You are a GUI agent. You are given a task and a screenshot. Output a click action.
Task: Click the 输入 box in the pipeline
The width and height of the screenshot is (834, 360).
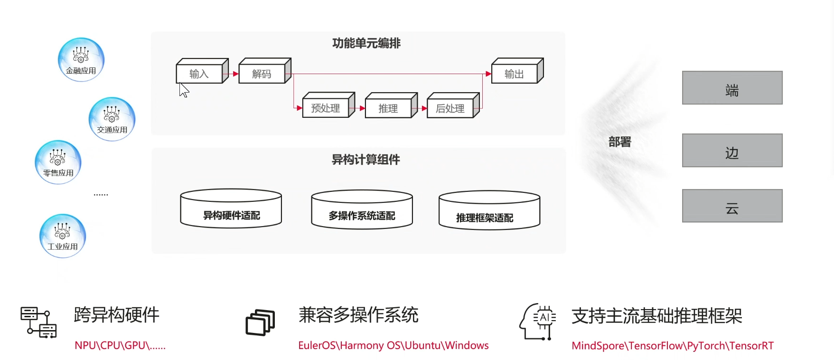pyautogui.click(x=202, y=71)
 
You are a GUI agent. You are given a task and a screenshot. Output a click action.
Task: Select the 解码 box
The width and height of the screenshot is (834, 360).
pyautogui.click(x=265, y=71)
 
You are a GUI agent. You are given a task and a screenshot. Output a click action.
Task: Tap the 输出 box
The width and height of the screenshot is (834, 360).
pyautogui.click(x=517, y=71)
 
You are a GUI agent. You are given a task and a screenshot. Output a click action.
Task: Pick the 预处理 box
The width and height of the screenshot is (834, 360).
pyautogui.click(x=328, y=105)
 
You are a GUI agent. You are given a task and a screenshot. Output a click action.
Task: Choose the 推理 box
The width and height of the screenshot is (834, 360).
pyautogui.click(x=391, y=105)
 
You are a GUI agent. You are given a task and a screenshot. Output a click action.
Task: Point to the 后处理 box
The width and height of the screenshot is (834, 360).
pyautogui.click(x=453, y=105)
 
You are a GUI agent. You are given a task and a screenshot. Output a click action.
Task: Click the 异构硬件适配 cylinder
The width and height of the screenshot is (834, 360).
pyautogui.click(x=231, y=208)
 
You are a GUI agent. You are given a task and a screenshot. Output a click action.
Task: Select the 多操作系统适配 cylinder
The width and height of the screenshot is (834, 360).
pyautogui.click(x=362, y=209)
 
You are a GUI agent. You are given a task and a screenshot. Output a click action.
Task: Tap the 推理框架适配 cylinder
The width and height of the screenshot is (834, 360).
pyautogui.click(x=489, y=210)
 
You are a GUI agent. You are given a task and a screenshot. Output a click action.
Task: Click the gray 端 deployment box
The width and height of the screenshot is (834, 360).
pyautogui.click(x=732, y=88)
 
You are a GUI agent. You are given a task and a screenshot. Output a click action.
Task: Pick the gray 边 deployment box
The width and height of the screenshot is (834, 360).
pyautogui.click(x=732, y=150)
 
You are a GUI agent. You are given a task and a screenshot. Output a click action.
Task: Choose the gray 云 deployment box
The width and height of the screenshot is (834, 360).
pyautogui.click(x=732, y=206)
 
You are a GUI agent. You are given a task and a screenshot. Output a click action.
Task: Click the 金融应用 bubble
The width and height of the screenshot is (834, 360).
pyautogui.click(x=81, y=60)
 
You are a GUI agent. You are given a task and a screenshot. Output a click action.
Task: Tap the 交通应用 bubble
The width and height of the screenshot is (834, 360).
pyautogui.click(x=112, y=119)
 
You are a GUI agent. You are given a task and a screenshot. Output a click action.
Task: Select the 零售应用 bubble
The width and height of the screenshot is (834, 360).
pyautogui.click(x=58, y=162)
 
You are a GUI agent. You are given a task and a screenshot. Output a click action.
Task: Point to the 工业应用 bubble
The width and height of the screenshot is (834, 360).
pyautogui.click(x=63, y=236)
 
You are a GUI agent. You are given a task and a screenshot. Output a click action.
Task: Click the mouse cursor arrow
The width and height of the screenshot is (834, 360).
pyautogui.click(x=184, y=90)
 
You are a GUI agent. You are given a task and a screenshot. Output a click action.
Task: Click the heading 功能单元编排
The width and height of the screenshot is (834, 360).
pyautogui.click(x=366, y=43)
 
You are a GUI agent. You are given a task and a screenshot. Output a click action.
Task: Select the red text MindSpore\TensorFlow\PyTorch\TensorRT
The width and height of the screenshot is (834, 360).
pyautogui.click(x=673, y=346)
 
